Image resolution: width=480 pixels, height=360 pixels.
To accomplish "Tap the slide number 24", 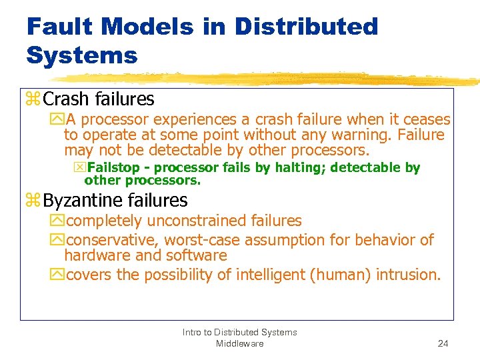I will coord(443,343).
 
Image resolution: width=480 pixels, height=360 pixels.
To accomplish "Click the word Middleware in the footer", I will coord(239,343).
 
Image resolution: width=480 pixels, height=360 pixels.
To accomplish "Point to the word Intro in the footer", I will coord(193,332).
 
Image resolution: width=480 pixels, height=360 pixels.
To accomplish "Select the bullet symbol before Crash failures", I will coord(33,100).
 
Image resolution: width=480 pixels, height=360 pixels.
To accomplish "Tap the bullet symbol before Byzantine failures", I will coord(33,201).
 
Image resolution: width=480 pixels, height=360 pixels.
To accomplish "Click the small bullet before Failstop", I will coord(80,168).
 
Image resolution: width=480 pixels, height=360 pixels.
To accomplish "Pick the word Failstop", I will coord(111,167).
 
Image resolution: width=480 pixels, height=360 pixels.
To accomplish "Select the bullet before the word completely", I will coord(57,221).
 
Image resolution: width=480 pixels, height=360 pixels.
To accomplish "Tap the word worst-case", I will coord(204,239).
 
